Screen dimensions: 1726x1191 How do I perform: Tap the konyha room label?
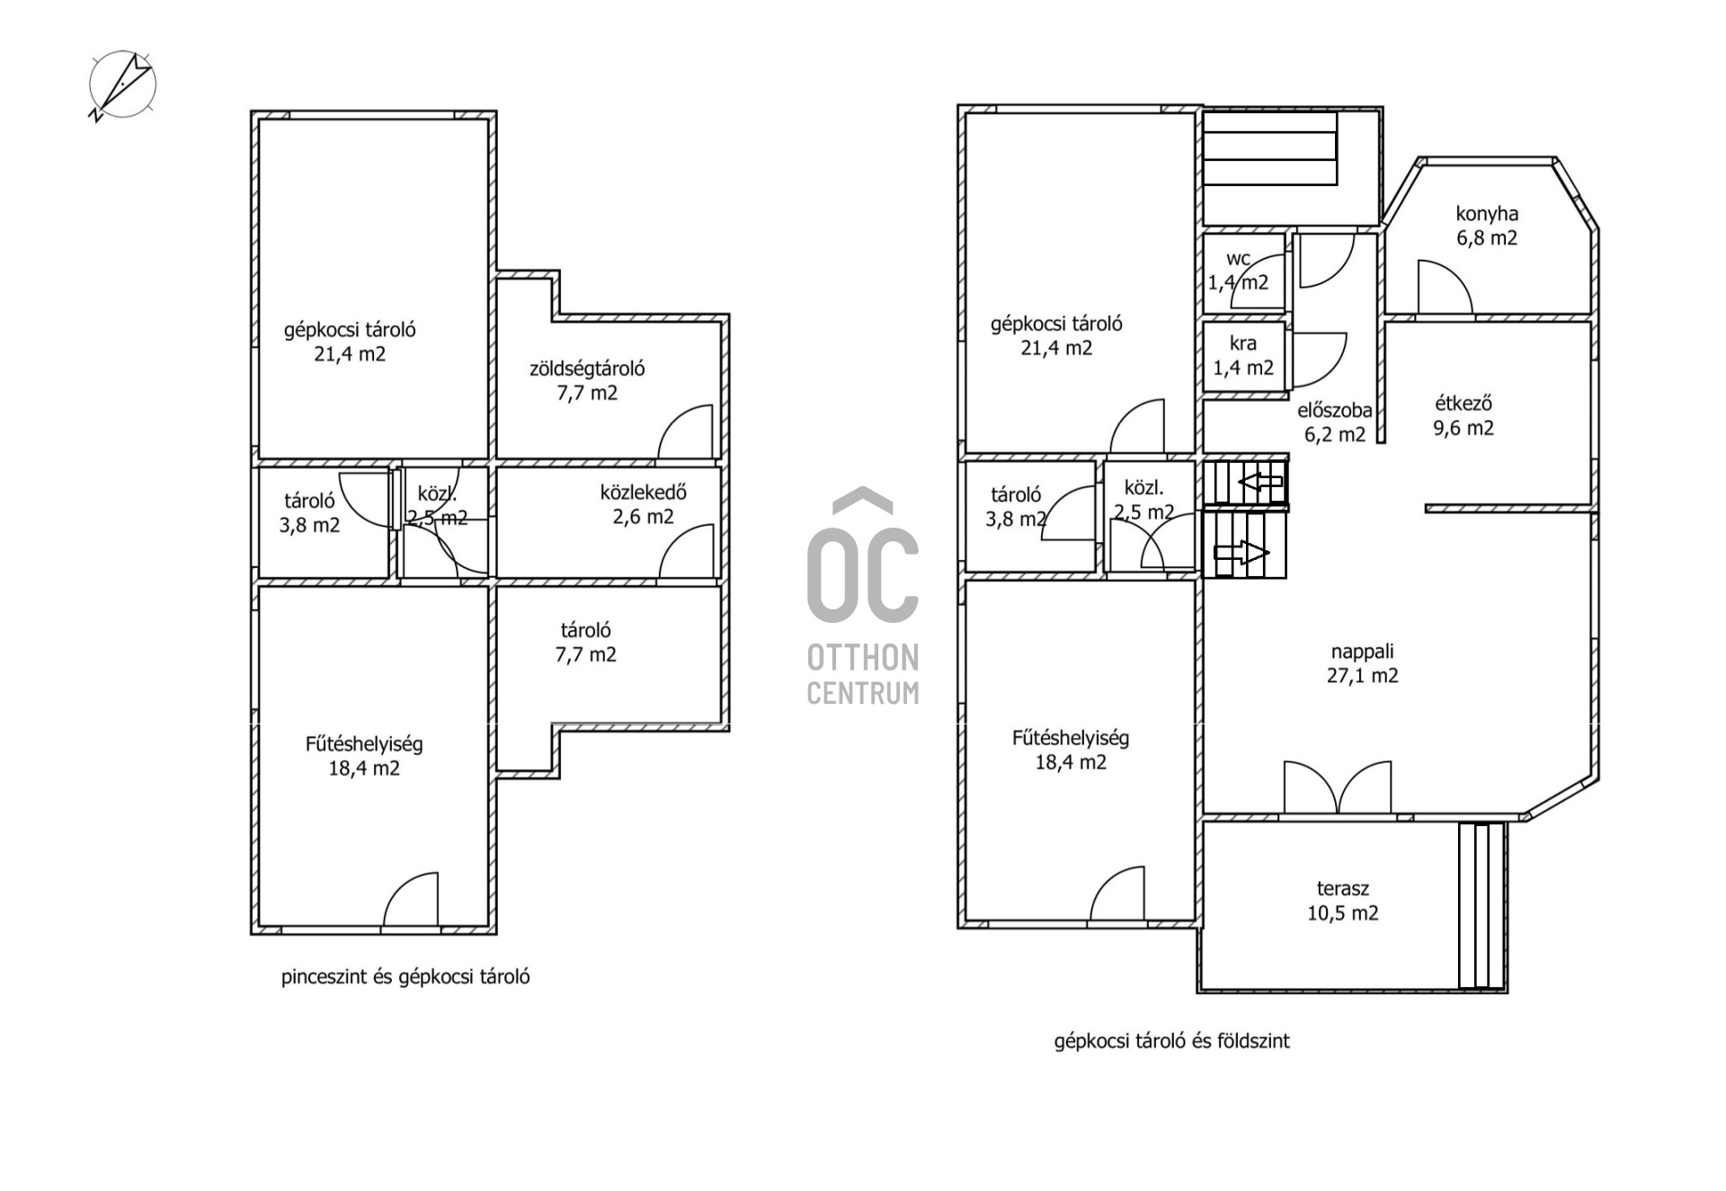(x=1487, y=214)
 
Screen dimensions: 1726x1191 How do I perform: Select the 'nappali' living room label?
(x=1362, y=652)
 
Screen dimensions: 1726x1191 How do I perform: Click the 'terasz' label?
(x=1342, y=889)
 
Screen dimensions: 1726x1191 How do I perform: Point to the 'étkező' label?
(x=1463, y=404)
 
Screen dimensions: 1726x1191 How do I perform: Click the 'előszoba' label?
(x=1335, y=411)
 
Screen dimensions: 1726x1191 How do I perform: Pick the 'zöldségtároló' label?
(x=587, y=369)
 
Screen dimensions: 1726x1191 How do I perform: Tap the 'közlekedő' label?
(x=644, y=493)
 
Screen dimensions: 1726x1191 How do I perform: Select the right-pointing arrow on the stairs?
(x=1241, y=553)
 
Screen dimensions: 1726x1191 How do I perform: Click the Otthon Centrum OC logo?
(x=863, y=595)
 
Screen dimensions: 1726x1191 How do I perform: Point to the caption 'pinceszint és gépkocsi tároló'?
(x=405, y=977)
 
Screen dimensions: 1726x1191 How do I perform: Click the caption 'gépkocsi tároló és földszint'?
(x=1171, y=1041)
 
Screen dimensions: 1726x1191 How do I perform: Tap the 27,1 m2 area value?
(x=1363, y=676)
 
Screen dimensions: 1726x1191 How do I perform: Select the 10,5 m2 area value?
(x=1343, y=913)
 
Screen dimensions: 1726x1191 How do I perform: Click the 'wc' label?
(x=1238, y=259)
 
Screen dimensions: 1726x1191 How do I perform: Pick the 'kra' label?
(x=1243, y=343)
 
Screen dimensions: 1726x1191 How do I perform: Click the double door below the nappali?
(x=1338, y=789)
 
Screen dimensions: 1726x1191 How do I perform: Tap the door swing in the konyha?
(x=1445, y=288)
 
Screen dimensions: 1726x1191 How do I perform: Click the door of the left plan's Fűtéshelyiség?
(x=411, y=900)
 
